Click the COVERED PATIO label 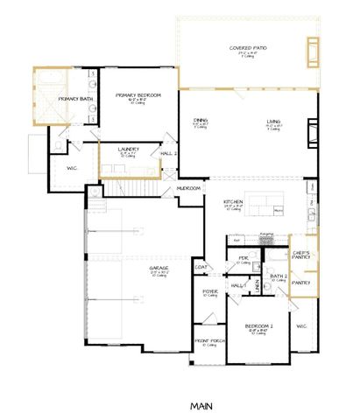[247, 48]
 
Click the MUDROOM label [189, 187]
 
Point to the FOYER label [210, 292]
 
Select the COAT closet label [201, 268]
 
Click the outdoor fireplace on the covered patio [312, 53]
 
